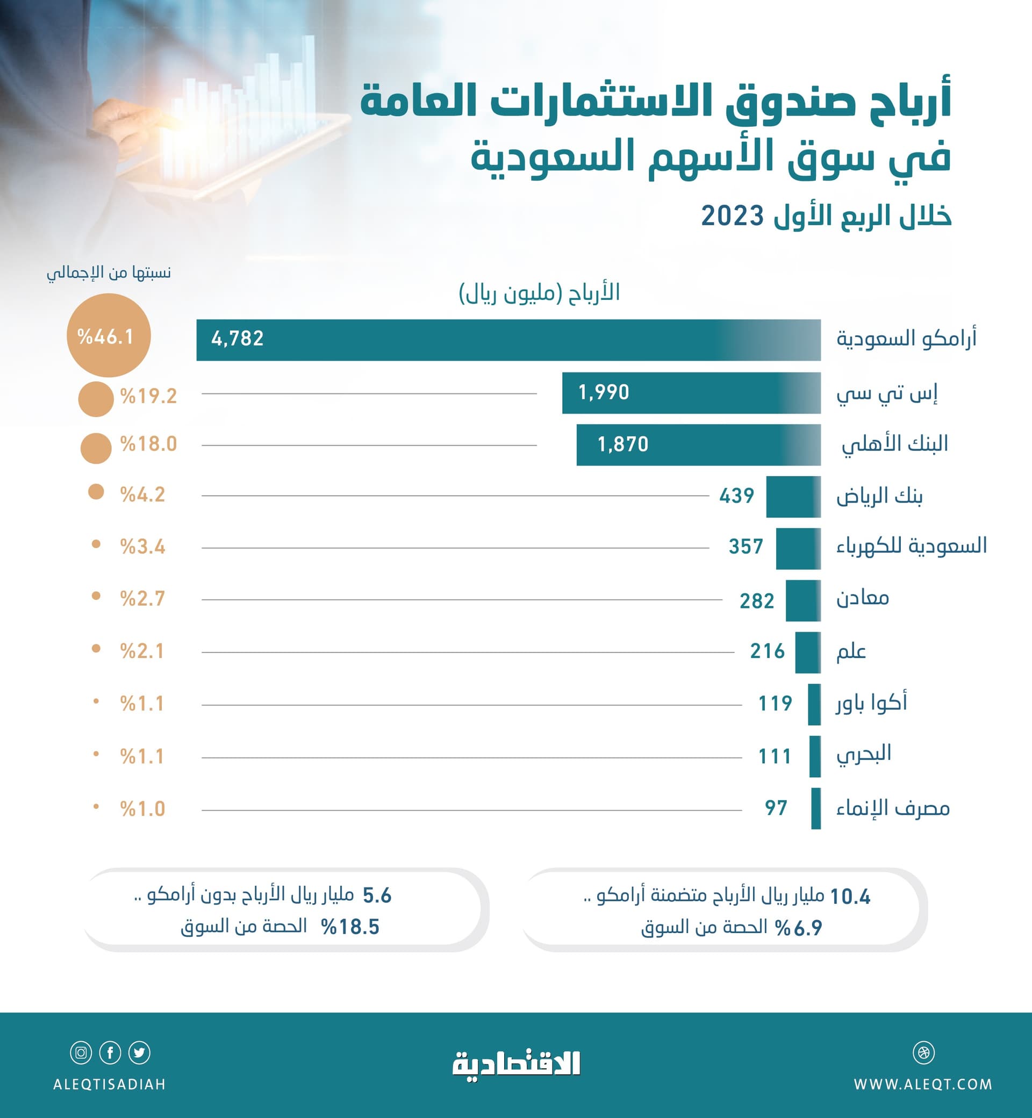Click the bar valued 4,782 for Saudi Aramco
pyautogui.click(x=508, y=340)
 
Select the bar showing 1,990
pyautogui.click(x=691, y=392)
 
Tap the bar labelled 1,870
pyautogui.click(x=698, y=445)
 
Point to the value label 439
pyautogui.click(x=736, y=496)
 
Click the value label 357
pyautogui.click(x=745, y=546)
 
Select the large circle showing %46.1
pyautogui.click(x=109, y=335)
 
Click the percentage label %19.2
pyautogui.click(x=148, y=396)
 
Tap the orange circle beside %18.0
pyautogui.click(x=96, y=448)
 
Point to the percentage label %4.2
pyautogui.click(x=142, y=494)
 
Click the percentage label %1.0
pyautogui.click(x=142, y=808)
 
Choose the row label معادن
pyautogui.click(x=862, y=598)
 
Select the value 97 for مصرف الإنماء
pyautogui.click(x=776, y=808)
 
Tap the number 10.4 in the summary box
pyautogui.click(x=850, y=897)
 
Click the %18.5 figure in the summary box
pyautogui.click(x=350, y=927)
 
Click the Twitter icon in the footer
pyautogui.click(x=139, y=1052)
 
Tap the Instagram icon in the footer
pyautogui.click(x=81, y=1052)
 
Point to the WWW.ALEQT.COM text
pyautogui.click(x=922, y=1084)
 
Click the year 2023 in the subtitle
pyautogui.click(x=732, y=216)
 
